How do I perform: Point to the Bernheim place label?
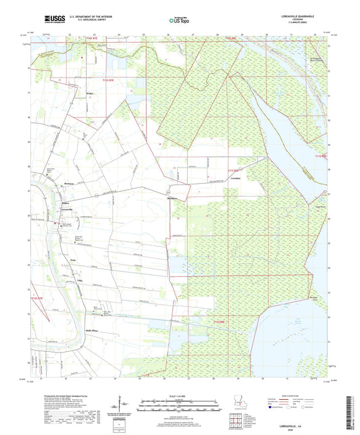(68, 184)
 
